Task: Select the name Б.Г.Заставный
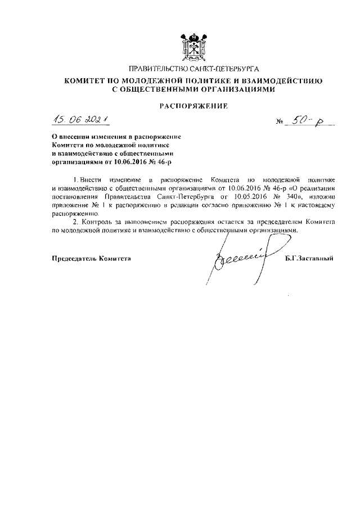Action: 309,258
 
